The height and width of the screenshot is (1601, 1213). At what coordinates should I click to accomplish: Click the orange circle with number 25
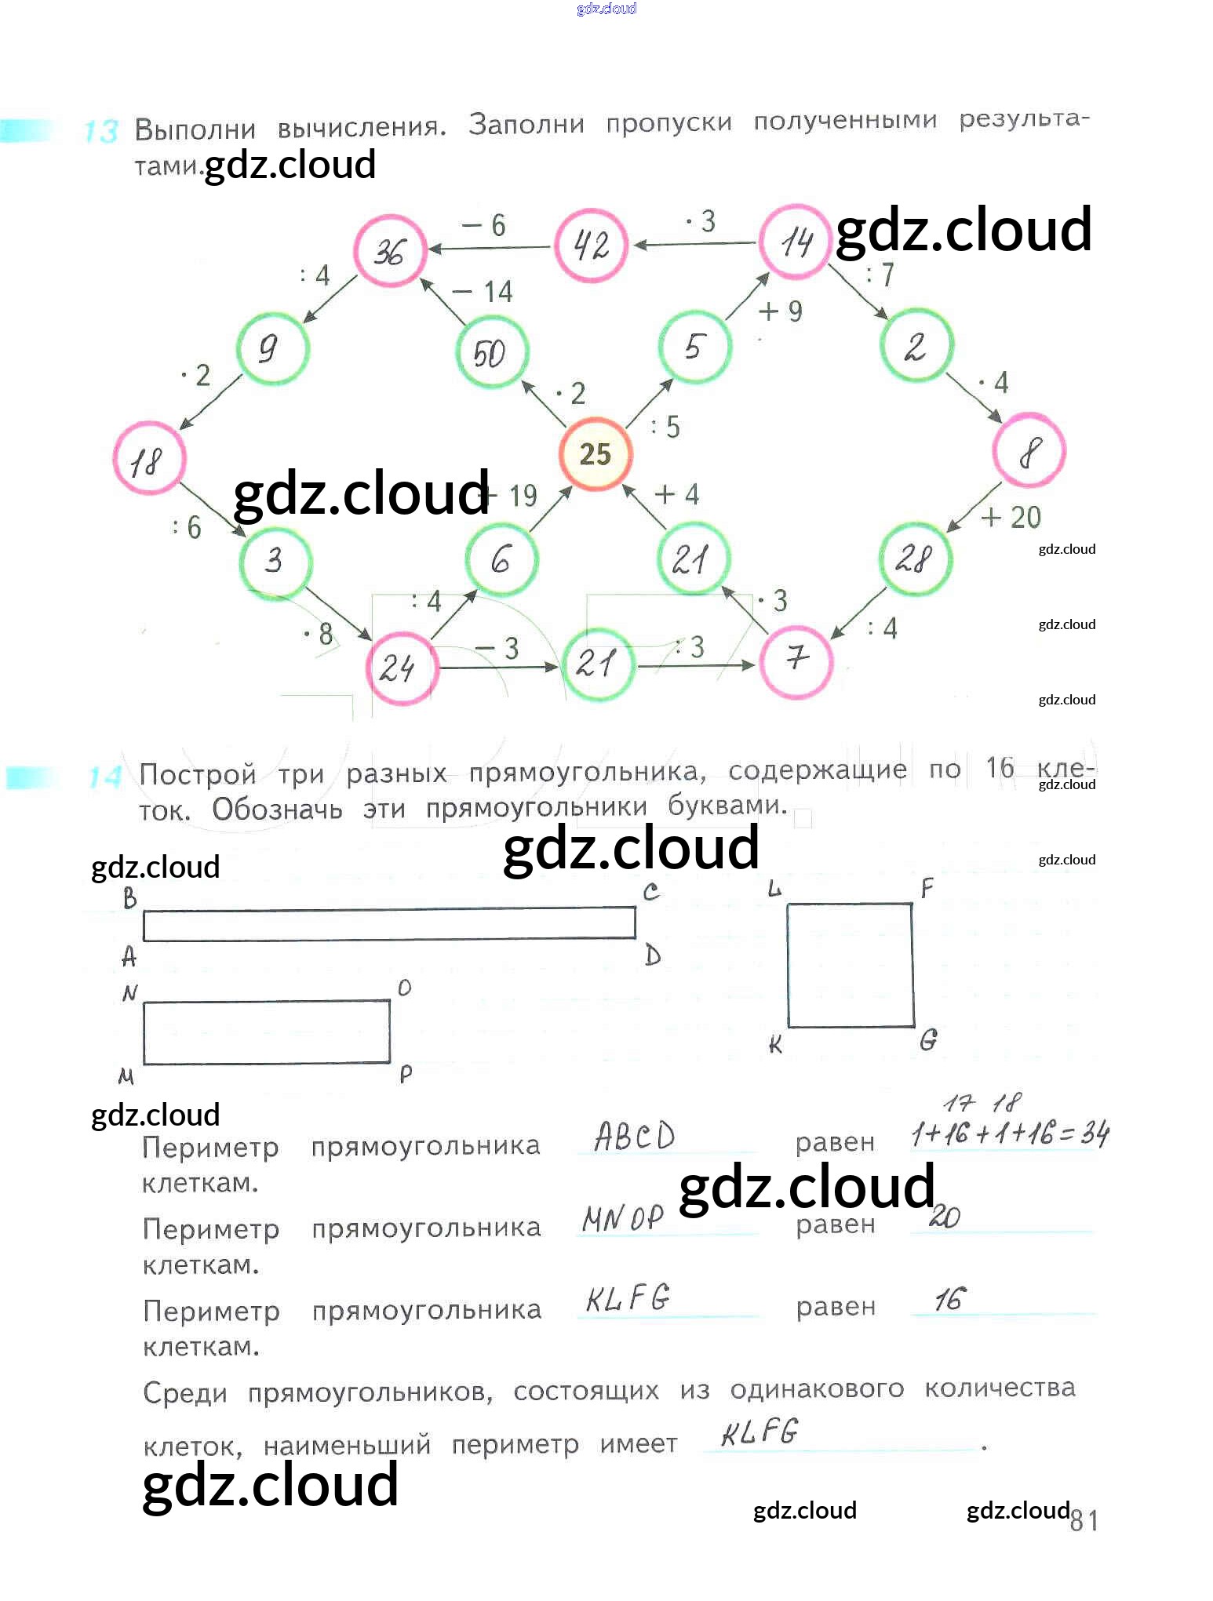point(595,453)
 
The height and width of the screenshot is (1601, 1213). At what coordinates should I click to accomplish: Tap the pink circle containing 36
point(389,251)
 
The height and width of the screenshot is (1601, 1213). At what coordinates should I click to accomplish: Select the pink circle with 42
point(591,246)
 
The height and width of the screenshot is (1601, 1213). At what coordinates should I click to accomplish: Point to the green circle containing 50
point(491,352)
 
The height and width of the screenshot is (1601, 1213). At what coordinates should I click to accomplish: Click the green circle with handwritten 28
point(915,559)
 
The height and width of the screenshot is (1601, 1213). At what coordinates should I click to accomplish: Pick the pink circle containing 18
point(149,459)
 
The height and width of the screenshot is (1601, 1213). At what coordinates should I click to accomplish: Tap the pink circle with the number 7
point(796,660)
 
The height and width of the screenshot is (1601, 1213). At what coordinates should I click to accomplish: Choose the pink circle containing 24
point(399,668)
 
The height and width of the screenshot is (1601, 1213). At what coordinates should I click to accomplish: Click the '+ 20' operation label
point(1011,517)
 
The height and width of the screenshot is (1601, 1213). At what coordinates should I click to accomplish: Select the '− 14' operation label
point(483,292)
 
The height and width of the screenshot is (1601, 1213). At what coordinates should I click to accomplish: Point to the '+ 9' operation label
point(780,311)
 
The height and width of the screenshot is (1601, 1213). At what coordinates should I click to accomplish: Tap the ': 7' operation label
point(880,275)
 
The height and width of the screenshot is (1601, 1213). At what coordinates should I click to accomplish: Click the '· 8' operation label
point(319,633)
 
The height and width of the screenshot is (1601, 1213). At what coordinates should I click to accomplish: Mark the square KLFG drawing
point(851,965)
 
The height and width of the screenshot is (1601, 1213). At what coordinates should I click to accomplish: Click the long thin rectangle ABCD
point(389,923)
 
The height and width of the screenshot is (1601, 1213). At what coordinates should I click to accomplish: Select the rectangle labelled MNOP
point(267,1032)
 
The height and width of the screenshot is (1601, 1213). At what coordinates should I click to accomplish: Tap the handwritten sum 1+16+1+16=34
point(1010,1133)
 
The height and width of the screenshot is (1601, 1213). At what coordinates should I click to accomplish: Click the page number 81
point(1084,1520)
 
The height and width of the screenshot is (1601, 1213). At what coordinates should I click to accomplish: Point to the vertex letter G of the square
point(928,1040)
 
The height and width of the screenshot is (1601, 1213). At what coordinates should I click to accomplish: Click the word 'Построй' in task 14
point(198,774)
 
